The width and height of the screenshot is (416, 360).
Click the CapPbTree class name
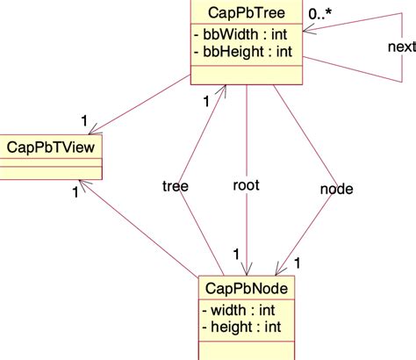click(247, 12)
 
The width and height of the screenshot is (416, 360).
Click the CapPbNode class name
click(246, 288)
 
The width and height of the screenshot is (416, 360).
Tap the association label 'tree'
click(176, 185)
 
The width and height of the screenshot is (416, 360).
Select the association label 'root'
click(246, 185)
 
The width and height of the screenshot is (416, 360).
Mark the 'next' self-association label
click(401, 46)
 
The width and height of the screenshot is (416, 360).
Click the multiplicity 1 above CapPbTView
click(83, 119)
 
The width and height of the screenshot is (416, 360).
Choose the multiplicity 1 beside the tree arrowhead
click(207, 101)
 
